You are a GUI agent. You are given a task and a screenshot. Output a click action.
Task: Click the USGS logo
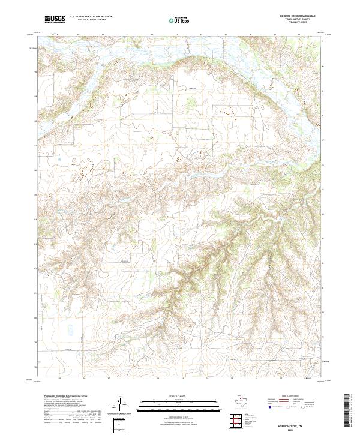tap(55, 19)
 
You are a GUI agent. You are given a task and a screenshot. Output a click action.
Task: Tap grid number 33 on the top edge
tap(176, 35)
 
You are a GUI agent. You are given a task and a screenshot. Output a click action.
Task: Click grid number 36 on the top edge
tap(250, 35)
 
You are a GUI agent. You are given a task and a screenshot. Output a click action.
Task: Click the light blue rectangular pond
tap(70, 329)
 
